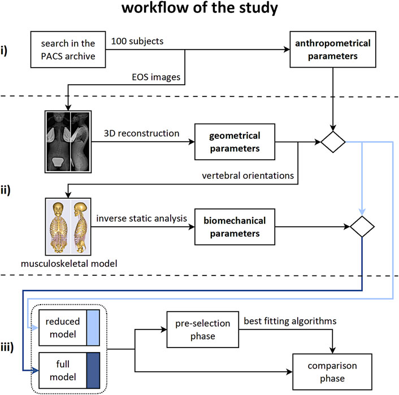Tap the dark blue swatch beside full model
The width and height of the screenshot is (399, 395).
(x=93, y=363)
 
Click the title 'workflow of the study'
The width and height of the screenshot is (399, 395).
(x=199, y=10)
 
